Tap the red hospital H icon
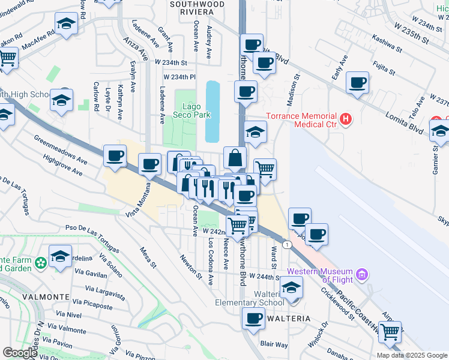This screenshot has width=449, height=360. [x=345, y=120]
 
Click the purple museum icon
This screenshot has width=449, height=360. [x=361, y=275]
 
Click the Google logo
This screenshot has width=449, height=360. [x=19, y=353]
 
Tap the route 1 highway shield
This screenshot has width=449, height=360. [x=289, y=245]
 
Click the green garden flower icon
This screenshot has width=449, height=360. [x=41, y=263]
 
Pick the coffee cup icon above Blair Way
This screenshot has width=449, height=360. [x=253, y=317]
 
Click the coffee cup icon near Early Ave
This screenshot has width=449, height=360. [x=358, y=82]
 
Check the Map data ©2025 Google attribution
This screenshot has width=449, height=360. [x=412, y=355]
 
